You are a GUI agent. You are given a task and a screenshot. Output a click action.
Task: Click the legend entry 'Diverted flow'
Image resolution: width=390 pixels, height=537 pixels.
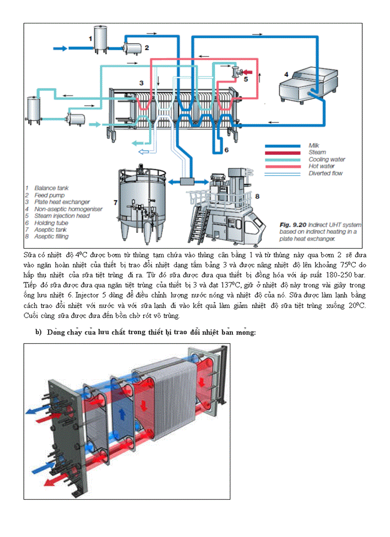tap(325, 173)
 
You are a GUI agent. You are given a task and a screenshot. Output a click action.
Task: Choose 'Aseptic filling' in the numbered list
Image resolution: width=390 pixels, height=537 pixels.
tap(51, 236)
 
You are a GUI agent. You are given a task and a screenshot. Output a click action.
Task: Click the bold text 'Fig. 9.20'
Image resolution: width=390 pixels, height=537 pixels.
tap(293, 225)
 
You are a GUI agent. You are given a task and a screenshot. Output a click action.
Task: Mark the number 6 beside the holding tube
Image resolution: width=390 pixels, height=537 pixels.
tap(227, 150)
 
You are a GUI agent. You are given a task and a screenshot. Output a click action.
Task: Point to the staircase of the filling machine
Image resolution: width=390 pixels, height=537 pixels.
tap(196, 224)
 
